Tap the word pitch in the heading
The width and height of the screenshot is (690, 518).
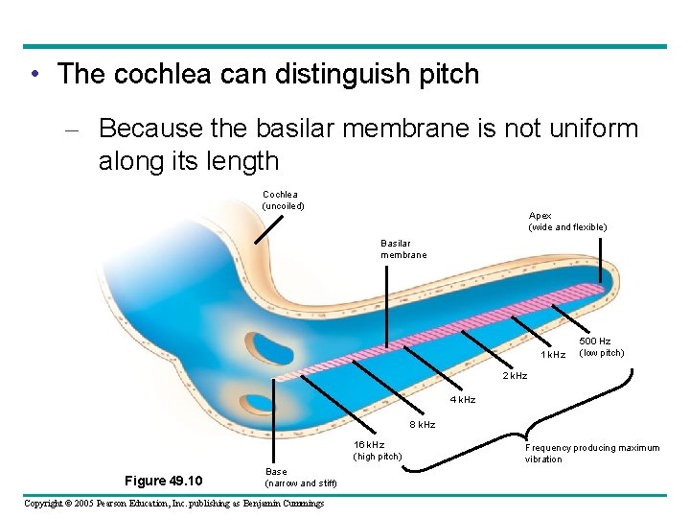[x=441, y=75]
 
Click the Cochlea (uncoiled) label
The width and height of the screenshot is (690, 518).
[x=283, y=200]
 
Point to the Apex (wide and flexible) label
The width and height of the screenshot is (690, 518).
[x=567, y=222]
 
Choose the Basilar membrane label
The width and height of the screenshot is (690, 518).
[x=402, y=249]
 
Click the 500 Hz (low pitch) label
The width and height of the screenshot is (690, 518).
[x=601, y=346]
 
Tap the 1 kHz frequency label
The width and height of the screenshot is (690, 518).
[x=553, y=356]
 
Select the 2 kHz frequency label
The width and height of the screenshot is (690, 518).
[x=516, y=376]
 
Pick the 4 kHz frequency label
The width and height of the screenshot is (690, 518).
[x=464, y=399]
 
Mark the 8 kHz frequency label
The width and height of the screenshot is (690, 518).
[x=423, y=424]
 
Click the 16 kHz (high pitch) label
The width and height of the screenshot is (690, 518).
[x=378, y=450]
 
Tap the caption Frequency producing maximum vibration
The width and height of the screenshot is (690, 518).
[x=591, y=453]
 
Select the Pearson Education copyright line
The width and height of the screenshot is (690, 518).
[x=174, y=504]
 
